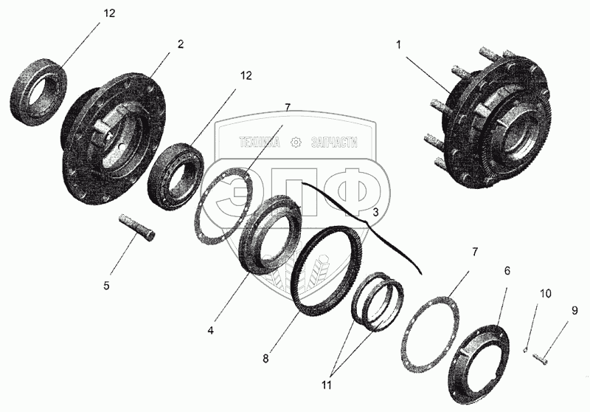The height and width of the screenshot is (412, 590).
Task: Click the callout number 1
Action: pos(398,45)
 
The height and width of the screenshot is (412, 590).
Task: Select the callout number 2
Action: pos(181,44)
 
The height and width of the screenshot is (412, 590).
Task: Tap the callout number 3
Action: pos(375,213)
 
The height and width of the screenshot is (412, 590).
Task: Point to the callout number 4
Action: pos(211,330)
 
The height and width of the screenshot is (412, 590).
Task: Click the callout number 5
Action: pos(106,286)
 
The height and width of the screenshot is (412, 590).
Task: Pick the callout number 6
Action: pos(507,270)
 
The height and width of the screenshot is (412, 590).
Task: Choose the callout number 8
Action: pos(265,359)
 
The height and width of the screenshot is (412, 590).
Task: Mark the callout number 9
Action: pos(575,310)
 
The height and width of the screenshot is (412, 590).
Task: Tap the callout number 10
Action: pos(546,293)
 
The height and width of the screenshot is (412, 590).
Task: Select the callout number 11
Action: pos(326,385)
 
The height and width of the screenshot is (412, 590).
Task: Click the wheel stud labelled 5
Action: pos(138,228)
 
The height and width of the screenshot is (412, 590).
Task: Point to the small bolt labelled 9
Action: pos(539,357)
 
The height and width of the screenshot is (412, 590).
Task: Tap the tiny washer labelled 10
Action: pos(525,351)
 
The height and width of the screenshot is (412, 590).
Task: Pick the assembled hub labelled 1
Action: pos(489,120)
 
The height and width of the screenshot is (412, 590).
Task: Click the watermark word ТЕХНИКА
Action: pos(260,142)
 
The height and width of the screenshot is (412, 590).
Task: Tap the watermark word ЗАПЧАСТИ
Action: pos(334,142)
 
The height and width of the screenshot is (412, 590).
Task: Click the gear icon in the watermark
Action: pos(296,142)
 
